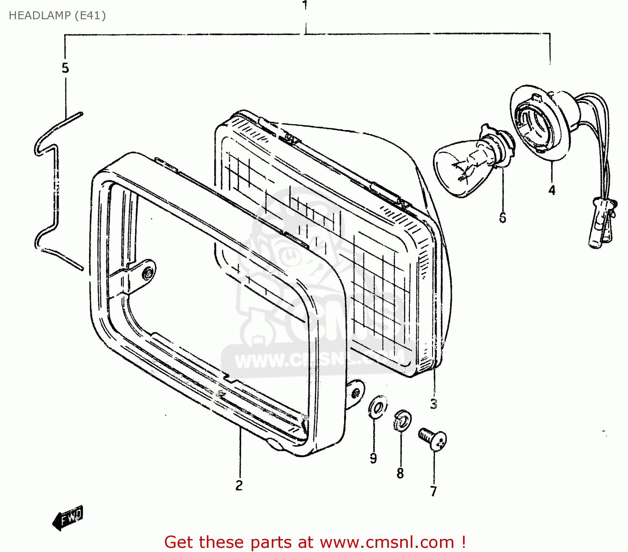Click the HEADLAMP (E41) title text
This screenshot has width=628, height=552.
click(57, 15)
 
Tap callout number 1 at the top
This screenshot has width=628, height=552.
click(305, 5)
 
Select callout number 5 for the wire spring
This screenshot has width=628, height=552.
click(65, 68)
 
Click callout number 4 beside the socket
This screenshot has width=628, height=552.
click(552, 190)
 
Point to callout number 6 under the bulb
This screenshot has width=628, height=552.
click(502, 217)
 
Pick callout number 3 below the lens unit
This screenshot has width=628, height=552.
click(433, 404)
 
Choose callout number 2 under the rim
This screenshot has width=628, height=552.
click(239, 485)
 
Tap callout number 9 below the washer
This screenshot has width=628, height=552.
click(373, 458)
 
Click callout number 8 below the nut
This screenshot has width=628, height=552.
click(400, 473)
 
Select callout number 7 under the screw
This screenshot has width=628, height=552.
click(433, 491)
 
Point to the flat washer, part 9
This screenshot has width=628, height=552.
click(377, 406)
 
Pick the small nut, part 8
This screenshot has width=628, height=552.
click(402, 422)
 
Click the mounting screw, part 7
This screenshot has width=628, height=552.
click(433, 439)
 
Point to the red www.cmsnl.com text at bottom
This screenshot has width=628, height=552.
click(387, 542)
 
